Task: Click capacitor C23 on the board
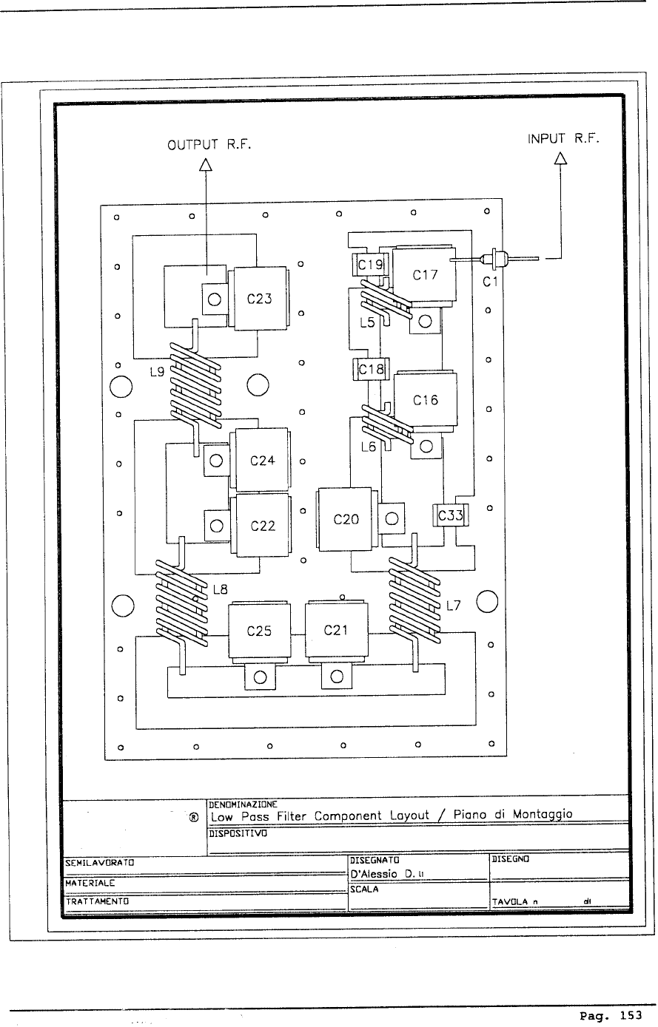point(259,299)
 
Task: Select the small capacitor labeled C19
point(370,265)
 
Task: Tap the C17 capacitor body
point(424,274)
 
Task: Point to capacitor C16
point(426,400)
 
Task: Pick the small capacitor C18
point(371,369)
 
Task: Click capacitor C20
point(346,519)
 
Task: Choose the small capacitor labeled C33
point(450,515)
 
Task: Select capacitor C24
point(261,460)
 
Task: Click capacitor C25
point(259,631)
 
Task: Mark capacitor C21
point(336,631)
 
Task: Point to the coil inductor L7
point(414,600)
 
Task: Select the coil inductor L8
point(181,603)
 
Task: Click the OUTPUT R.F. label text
point(209,145)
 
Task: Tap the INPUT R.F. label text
point(563,138)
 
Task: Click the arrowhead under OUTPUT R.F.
point(206,165)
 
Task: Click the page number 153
point(631,1016)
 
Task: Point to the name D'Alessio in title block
point(374,875)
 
